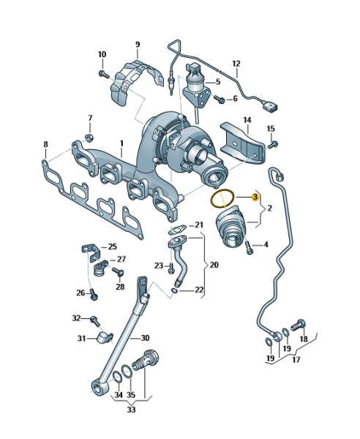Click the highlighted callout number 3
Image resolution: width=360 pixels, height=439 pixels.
click(x=255, y=197)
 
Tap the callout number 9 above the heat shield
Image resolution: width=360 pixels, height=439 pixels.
click(x=138, y=45)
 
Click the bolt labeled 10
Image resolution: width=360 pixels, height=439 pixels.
click(x=104, y=74)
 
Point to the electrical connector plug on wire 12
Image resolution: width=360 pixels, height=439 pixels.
click(x=269, y=107)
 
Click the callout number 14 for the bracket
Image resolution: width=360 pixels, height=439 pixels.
click(x=247, y=120)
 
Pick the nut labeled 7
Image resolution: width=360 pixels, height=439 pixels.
click(x=89, y=138)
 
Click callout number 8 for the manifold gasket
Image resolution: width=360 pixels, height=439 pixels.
click(x=45, y=144)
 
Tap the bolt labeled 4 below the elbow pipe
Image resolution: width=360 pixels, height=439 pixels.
click(x=249, y=247)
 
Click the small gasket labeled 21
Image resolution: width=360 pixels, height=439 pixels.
click(x=178, y=230)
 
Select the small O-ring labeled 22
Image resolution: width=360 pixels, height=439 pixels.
click(x=174, y=291)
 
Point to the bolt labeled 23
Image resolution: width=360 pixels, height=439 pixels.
click(x=170, y=269)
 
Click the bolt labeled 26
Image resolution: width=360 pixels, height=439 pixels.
click(x=94, y=295)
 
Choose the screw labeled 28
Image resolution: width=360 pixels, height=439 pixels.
click(x=119, y=271)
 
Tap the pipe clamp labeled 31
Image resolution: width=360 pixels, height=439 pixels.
click(x=105, y=337)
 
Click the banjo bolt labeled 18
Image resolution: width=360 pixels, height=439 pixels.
click(x=298, y=326)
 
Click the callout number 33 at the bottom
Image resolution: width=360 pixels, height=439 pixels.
click(x=131, y=410)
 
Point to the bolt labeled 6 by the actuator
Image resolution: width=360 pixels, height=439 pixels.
click(x=220, y=99)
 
